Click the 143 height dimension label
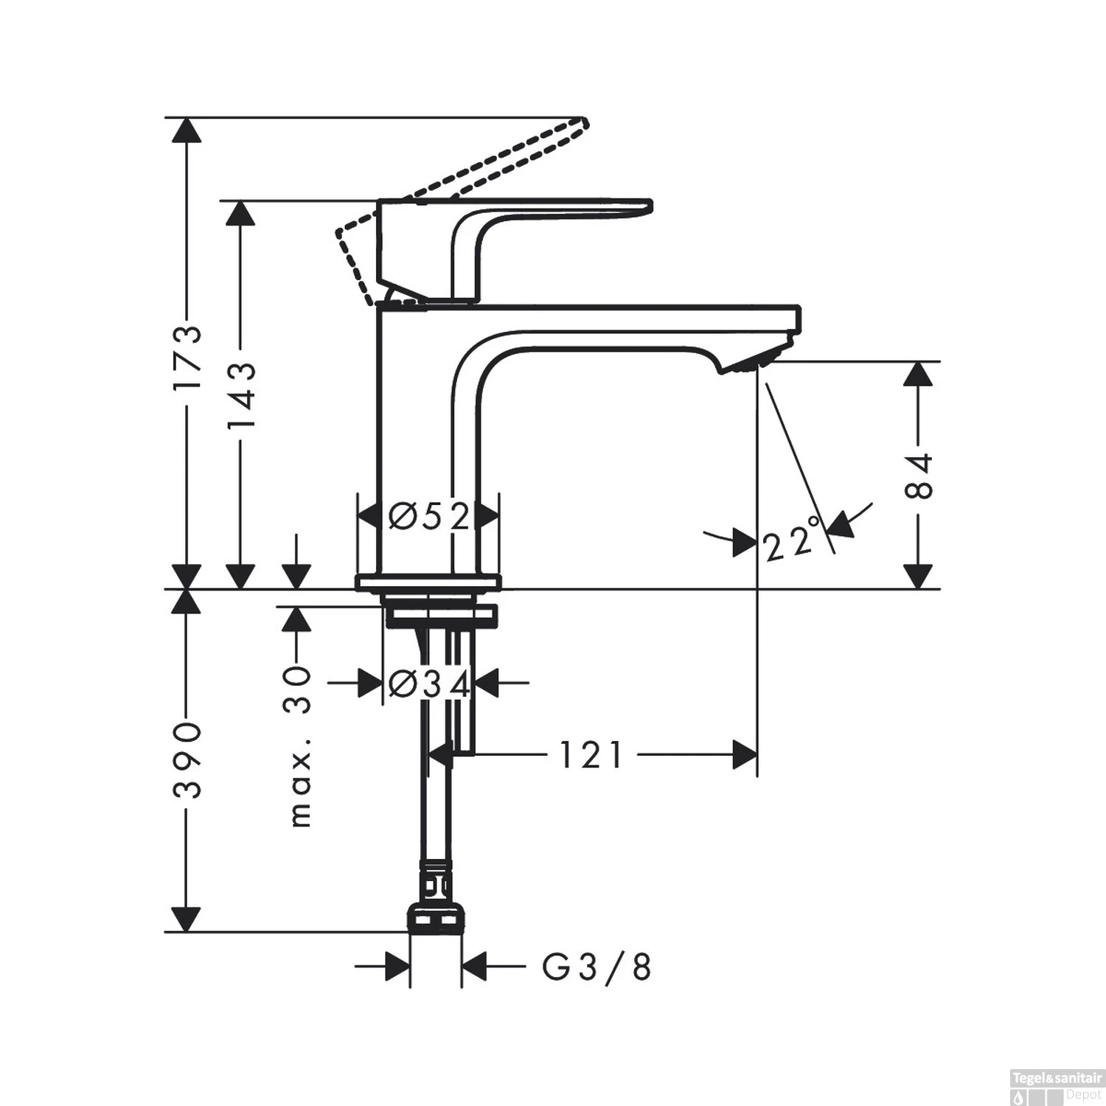pyautogui.click(x=240, y=396)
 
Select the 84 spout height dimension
pyautogui.click(x=918, y=476)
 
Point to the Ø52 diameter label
pyautogui.click(x=429, y=518)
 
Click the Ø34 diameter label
pyautogui.click(x=429, y=685)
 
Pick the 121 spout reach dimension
pyautogui.click(x=591, y=755)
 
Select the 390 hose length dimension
pyautogui.click(x=187, y=760)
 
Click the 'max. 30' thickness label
pyautogui.click(x=298, y=745)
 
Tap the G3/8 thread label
pyautogui.click(x=597, y=967)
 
